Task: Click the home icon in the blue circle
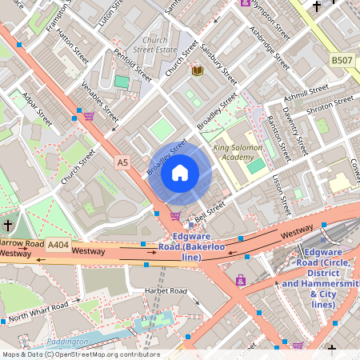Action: tap(180, 172)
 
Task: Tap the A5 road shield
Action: tap(122, 162)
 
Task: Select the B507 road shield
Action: tap(342, 59)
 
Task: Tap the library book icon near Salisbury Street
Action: tap(197, 71)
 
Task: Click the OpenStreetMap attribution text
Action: tap(80, 354)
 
